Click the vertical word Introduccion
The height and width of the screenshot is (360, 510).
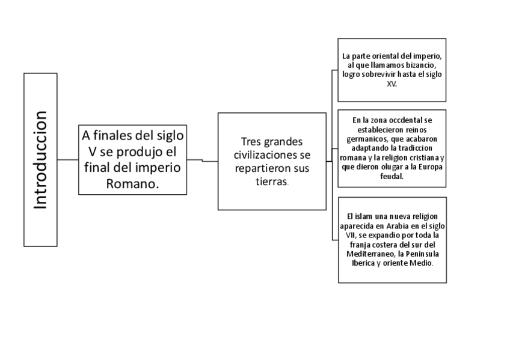pyautogui.click(x=41, y=160)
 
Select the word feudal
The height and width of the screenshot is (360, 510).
pyautogui.click(x=392, y=177)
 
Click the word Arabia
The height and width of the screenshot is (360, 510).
pyautogui.click(x=398, y=225)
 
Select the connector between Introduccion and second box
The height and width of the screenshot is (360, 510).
pyautogui.click(x=68, y=160)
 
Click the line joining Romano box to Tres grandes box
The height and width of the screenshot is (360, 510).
pyautogui.click(x=202, y=160)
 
